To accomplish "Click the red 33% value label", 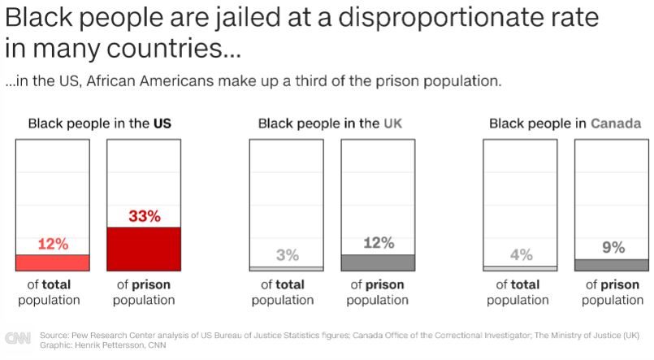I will (145, 216).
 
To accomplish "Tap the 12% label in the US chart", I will (53, 244).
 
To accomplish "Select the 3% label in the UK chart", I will (287, 255).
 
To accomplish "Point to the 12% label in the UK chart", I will (378, 243).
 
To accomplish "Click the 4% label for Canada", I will (521, 255).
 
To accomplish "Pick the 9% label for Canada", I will (613, 248).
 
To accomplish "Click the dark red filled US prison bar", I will (145, 249).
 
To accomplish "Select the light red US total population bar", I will (53, 262).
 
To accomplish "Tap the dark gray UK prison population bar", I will (378, 262).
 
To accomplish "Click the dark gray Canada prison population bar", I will (612, 264).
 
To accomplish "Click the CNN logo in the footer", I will (18, 338).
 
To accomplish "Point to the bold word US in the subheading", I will (162, 124).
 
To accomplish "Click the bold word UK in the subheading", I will (392, 124).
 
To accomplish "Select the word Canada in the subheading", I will (616, 124).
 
